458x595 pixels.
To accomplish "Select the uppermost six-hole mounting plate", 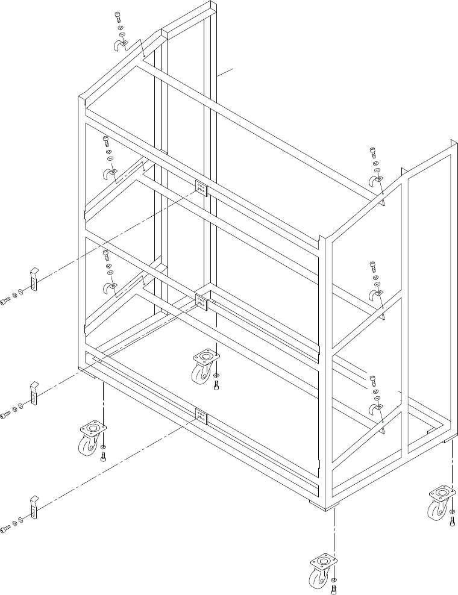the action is pos(201,188).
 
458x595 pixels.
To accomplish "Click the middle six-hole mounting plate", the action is pos(201,302).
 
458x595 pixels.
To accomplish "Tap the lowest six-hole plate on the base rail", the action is pos(201,416).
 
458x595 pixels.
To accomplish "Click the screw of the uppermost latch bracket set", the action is pos(5,302).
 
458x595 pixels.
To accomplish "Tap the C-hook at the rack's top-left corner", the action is pos(119,46).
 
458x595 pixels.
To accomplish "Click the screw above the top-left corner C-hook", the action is pos(117,16).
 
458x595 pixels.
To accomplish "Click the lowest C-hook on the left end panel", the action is pos(110,288).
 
